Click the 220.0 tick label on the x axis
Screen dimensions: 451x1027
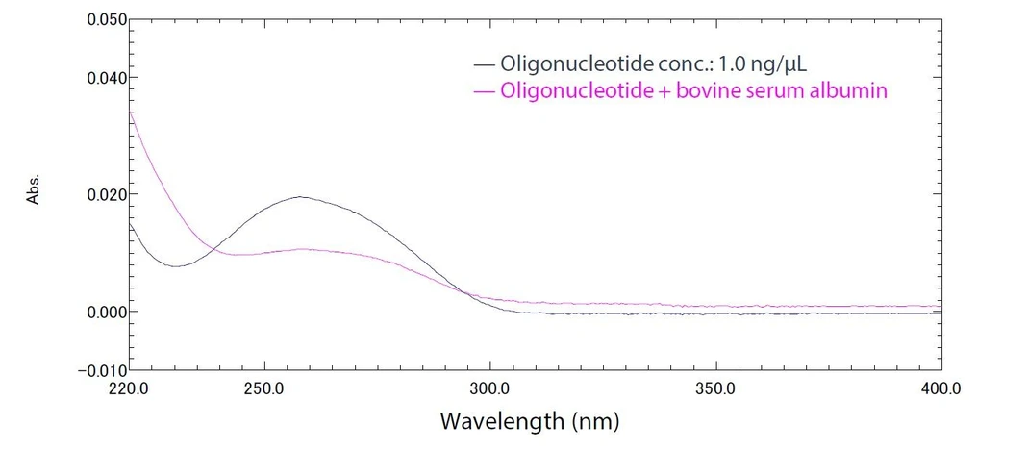130,389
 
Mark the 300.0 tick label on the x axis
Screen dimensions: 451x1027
490,389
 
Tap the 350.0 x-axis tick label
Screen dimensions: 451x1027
716,389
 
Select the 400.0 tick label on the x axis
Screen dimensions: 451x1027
940,389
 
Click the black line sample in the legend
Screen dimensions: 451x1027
485,65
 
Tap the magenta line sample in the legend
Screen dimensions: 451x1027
485,92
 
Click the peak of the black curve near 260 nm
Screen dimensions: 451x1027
301,197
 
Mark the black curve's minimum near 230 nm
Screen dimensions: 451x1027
175,266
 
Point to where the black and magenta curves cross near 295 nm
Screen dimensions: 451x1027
466,290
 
